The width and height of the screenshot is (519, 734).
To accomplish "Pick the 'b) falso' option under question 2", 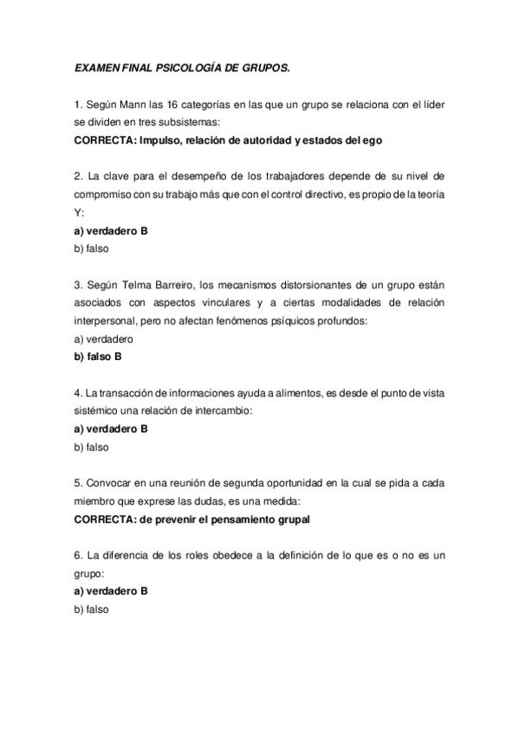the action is click(x=92, y=248).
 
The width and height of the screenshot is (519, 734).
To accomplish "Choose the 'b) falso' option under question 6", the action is click(x=92, y=608).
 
